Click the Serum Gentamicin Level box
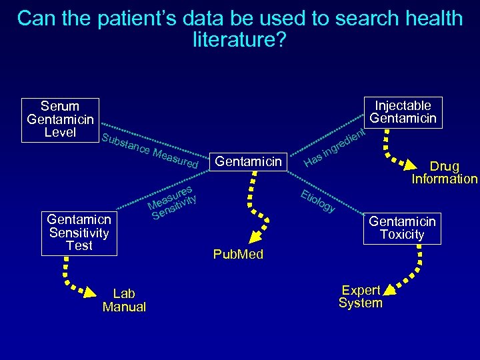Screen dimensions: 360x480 tap(60, 119)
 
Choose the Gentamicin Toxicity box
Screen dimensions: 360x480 tap(402, 227)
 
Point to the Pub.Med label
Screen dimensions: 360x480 tap(238, 254)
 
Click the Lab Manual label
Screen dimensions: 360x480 tap(124, 300)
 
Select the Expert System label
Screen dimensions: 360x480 tap(361, 297)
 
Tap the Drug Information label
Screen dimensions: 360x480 tap(444, 172)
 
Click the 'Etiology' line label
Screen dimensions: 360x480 tap(317, 202)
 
